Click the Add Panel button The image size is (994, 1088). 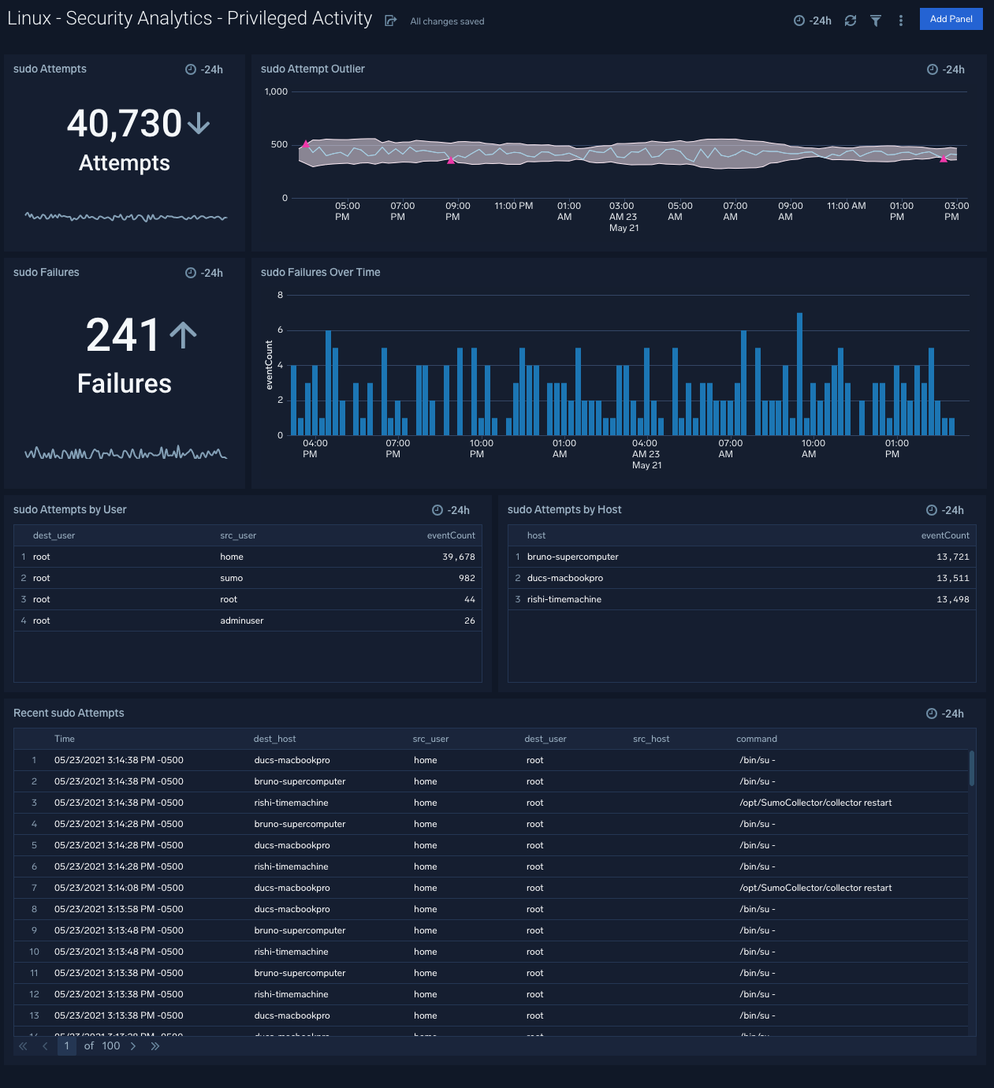click(951, 19)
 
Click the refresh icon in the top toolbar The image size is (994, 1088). click(850, 20)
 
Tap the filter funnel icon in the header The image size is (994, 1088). click(875, 20)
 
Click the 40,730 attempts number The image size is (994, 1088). click(125, 124)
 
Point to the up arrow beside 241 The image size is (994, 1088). click(183, 335)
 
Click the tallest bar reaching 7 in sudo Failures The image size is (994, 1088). click(799, 374)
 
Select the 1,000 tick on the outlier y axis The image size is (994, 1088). click(276, 91)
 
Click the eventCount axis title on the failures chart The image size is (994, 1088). click(269, 365)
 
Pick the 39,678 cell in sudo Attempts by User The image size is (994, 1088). click(458, 557)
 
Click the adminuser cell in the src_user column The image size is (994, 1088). click(241, 620)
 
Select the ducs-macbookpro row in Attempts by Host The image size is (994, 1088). click(564, 578)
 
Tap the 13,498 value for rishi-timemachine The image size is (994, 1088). click(952, 599)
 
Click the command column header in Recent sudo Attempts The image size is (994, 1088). click(756, 739)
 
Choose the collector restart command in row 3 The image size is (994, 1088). click(815, 803)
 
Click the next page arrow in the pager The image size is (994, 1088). click(133, 1046)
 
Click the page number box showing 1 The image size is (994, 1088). click(66, 1046)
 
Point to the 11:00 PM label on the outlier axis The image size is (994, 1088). click(513, 206)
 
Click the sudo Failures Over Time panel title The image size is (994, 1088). click(320, 272)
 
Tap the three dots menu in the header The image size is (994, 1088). click(900, 20)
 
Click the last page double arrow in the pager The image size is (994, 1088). click(155, 1046)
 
